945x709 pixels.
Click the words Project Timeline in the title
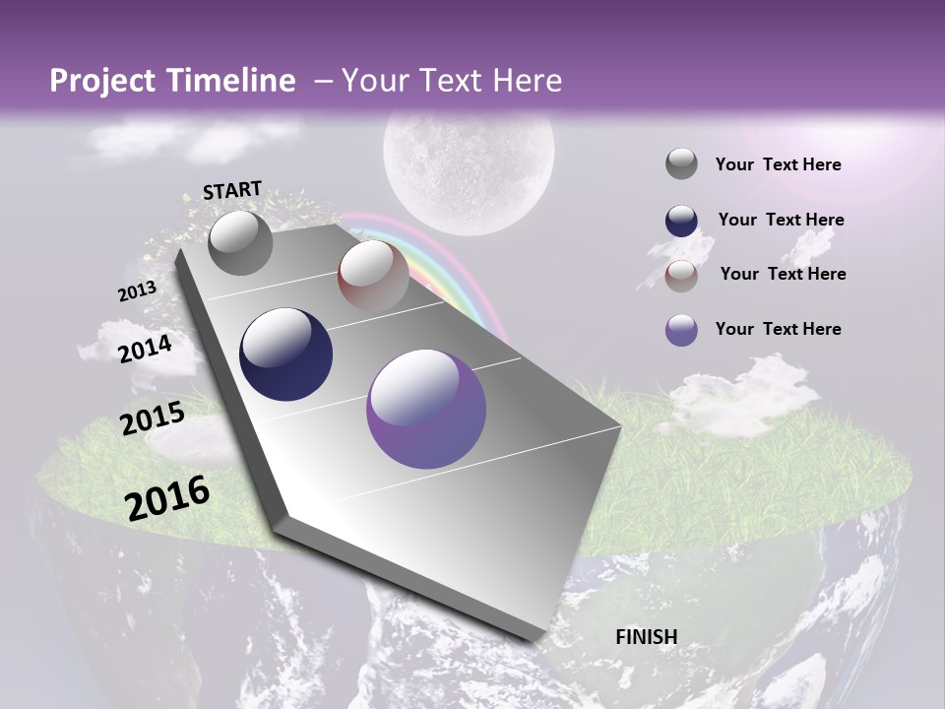(x=172, y=81)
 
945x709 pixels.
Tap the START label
(x=232, y=190)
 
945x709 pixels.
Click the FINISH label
(x=646, y=637)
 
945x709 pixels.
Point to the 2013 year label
(x=137, y=291)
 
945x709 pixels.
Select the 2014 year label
(x=146, y=349)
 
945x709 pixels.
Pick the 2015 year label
(x=153, y=419)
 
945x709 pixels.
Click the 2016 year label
(x=167, y=498)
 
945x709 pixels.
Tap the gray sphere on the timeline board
(x=240, y=242)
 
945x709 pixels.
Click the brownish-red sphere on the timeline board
(x=373, y=276)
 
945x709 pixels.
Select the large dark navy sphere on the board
(x=285, y=354)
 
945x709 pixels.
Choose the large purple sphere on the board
(x=425, y=409)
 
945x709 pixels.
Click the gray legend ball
(x=681, y=164)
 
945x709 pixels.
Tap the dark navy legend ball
(x=681, y=221)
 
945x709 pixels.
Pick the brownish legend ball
(x=681, y=275)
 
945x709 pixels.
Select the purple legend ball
(x=681, y=330)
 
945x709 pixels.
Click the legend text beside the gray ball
(x=778, y=165)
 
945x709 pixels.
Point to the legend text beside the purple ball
(x=778, y=329)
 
